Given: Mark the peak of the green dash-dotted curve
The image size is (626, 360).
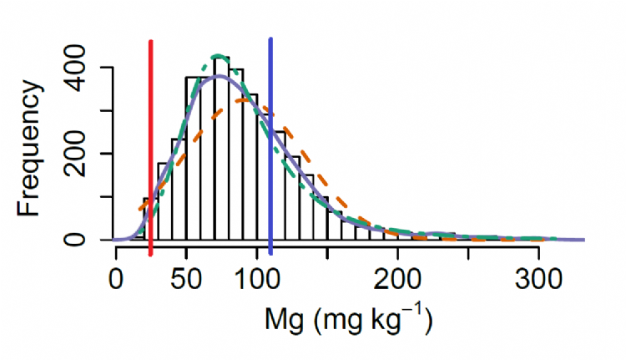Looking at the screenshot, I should pos(218,56).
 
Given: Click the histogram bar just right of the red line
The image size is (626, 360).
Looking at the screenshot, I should pos(164,201).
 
